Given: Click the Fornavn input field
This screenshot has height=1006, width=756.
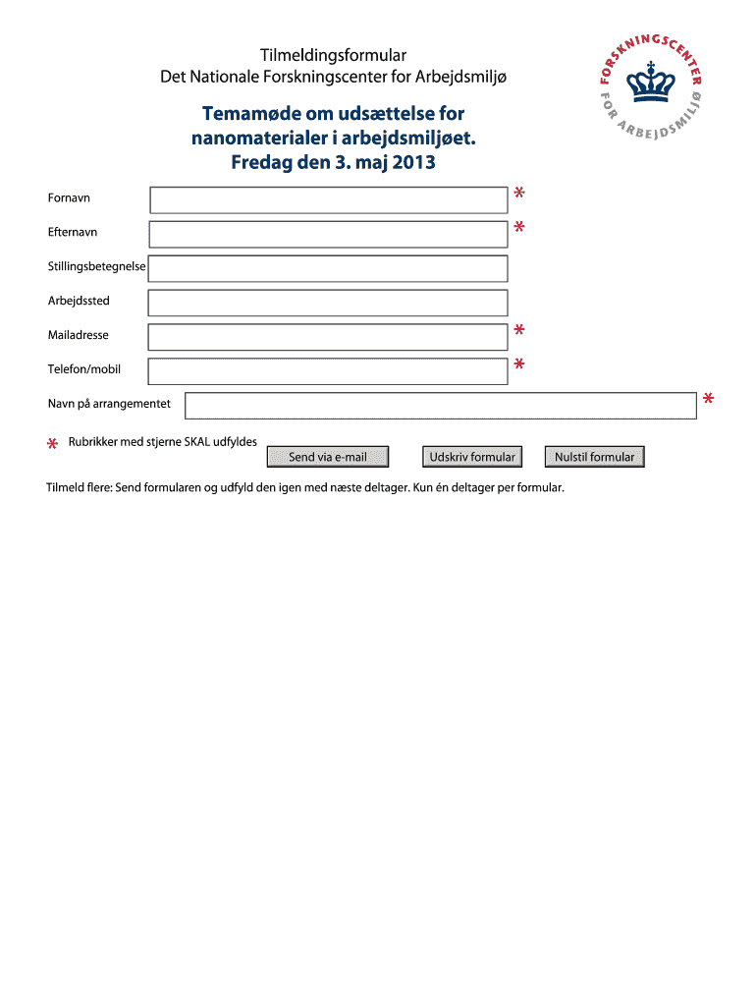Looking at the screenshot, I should point(328,200).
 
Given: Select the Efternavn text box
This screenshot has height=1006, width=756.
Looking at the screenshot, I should point(328,234).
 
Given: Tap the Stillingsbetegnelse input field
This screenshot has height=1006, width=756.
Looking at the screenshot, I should point(328,268).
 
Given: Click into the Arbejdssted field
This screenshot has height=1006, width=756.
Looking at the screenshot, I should point(328,303).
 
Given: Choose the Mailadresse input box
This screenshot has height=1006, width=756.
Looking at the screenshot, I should point(328,337).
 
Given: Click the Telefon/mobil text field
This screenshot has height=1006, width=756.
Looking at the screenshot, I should point(328,371).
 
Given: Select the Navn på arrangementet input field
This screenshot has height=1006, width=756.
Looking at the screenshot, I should point(441,406).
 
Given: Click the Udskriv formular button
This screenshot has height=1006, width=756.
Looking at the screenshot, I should point(472,457).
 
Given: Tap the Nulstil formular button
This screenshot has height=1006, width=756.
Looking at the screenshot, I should point(595,457).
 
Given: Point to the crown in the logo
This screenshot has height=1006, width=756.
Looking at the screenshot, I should point(649,82).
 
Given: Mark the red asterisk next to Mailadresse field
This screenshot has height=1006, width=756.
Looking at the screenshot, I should point(518,330).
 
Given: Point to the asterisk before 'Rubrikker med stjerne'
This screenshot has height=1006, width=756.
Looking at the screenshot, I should point(52,446).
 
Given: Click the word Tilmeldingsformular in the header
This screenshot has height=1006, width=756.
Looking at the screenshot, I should point(333,55).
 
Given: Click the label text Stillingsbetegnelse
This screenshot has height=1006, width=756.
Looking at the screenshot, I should point(97,266).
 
